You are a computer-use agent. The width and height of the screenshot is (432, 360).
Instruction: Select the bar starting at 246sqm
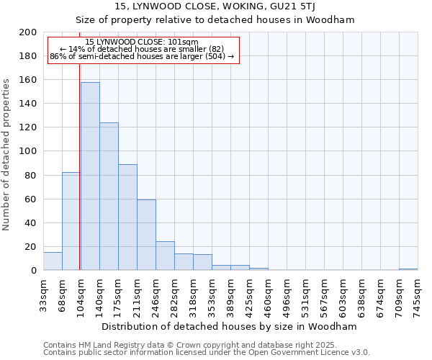pos(165,256)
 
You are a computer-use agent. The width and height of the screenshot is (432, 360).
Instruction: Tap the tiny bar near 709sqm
pos(408,269)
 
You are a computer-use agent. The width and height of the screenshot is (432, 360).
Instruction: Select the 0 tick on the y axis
pos(34,271)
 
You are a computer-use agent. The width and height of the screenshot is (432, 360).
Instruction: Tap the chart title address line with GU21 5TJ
pos(215,6)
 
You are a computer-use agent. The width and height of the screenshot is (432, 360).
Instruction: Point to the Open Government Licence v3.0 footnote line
pos(207,352)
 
